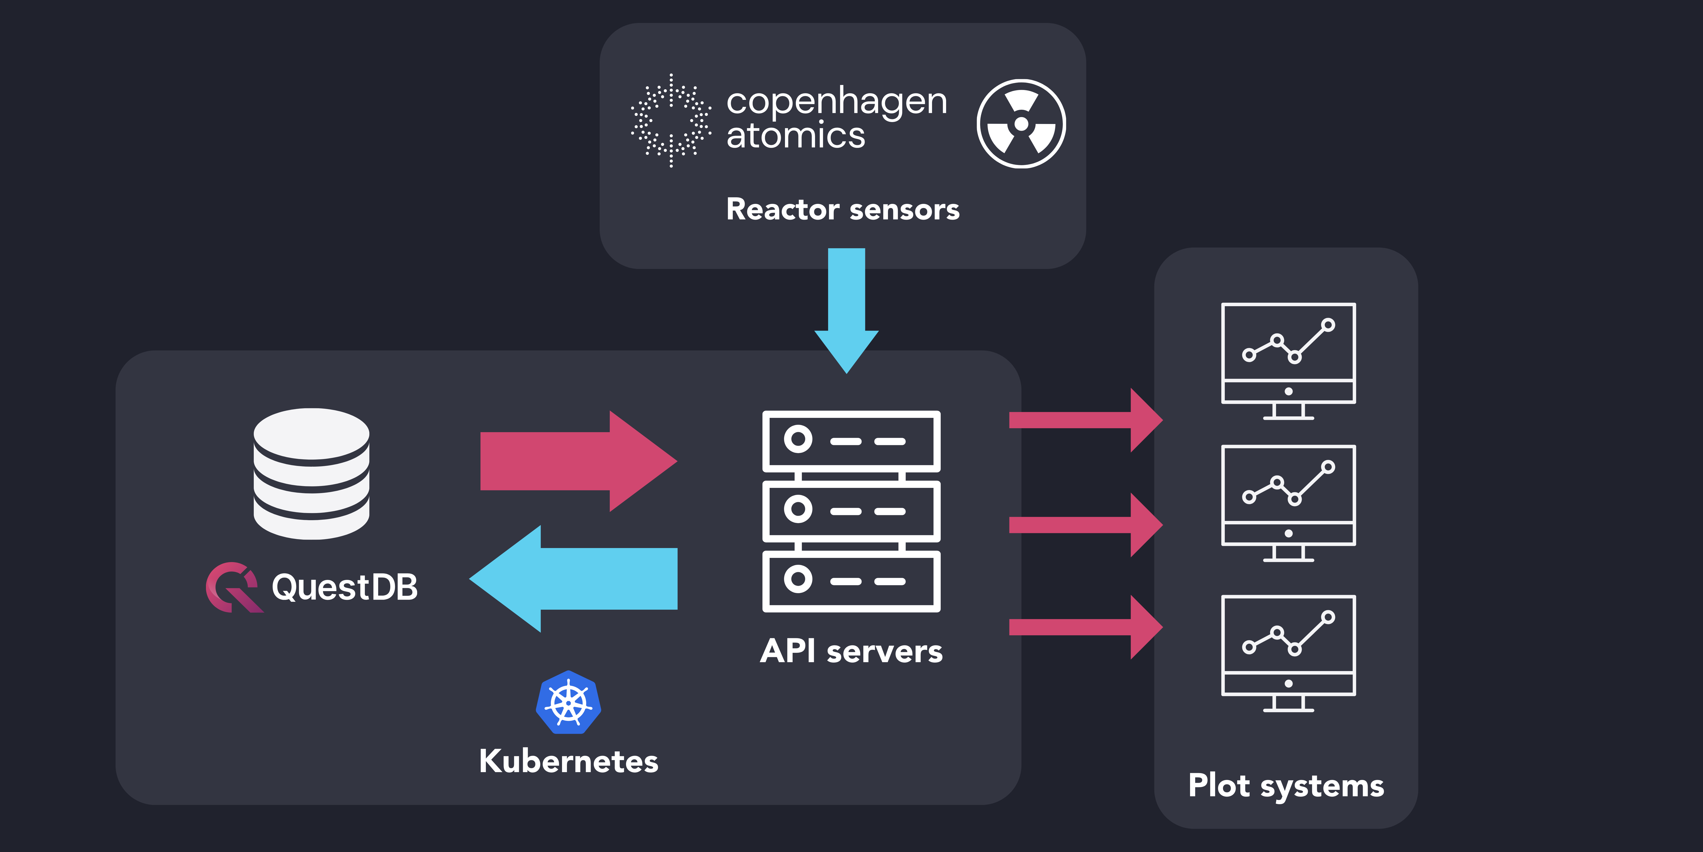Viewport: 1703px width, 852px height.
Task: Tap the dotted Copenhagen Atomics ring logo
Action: click(x=671, y=120)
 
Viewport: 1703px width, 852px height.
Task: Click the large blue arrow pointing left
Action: click(x=575, y=579)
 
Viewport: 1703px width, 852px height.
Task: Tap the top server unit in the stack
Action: click(x=851, y=441)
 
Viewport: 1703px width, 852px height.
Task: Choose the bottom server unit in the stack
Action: click(x=851, y=581)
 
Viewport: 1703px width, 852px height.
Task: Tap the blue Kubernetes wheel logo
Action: click(x=569, y=703)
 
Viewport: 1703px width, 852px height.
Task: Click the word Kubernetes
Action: click(x=569, y=761)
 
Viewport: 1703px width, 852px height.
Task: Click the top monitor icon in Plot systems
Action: click(x=1288, y=360)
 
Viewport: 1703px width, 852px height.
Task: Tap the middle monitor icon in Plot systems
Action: click(x=1288, y=503)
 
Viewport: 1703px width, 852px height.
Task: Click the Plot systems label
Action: click(x=1286, y=786)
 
